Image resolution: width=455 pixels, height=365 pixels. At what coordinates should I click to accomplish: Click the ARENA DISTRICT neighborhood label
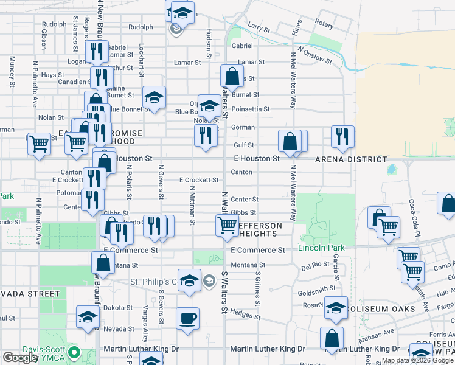coord(350,159)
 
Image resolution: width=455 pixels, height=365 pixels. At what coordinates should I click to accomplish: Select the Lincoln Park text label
coord(321,248)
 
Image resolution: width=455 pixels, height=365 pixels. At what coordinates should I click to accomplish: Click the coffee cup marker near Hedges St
coord(187,318)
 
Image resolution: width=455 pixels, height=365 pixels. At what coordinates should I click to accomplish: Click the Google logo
coord(19,358)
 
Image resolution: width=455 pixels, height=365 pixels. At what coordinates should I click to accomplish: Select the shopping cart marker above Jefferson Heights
coord(227,224)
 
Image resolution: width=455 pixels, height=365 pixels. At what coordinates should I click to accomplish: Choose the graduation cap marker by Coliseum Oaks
coord(335,307)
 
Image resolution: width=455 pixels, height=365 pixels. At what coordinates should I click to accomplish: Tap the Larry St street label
coord(259,27)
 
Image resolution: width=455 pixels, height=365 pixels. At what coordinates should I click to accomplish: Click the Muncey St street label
coord(12,71)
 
